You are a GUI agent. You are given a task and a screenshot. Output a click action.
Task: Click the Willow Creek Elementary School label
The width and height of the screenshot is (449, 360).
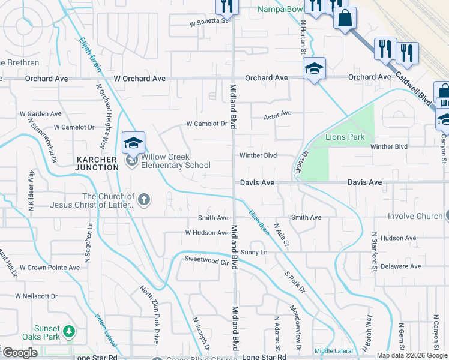[175, 161]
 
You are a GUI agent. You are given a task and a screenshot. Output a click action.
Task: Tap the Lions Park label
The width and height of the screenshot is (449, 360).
[345, 137]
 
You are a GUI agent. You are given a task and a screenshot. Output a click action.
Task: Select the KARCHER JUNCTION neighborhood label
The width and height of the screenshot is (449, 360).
[97, 163]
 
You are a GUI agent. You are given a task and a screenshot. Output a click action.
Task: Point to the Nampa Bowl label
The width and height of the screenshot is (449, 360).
[279, 9]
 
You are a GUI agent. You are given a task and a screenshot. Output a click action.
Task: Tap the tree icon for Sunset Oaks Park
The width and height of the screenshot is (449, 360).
[69, 331]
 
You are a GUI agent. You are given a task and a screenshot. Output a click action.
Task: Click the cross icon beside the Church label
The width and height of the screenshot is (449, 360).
[143, 199]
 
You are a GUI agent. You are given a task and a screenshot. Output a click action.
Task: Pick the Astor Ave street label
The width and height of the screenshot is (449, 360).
[277, 113]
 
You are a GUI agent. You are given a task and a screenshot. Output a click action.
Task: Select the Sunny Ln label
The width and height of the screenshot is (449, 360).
[253, 252]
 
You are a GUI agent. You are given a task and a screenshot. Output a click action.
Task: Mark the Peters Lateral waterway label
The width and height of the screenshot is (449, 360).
[105, 329]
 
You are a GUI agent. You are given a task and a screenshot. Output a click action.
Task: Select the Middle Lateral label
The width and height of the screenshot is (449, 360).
[333, 351]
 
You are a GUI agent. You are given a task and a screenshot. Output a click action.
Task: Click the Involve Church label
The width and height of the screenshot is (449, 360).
[415, 216]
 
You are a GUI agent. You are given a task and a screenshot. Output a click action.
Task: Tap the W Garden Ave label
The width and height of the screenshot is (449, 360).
[40, 113]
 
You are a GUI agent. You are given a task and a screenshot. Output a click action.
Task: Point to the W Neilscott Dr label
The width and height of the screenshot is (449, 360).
[37, 296]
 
